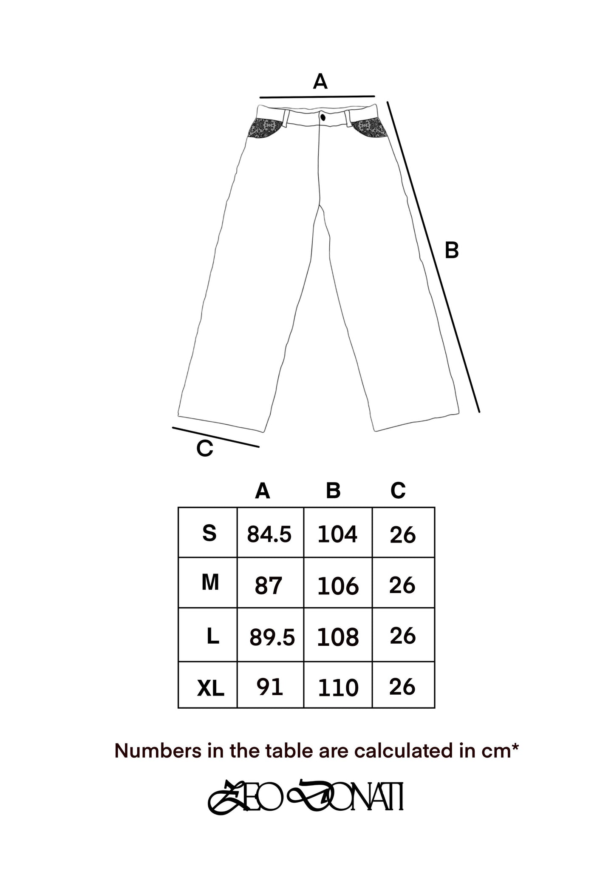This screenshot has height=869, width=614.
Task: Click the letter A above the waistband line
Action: click(320, 82)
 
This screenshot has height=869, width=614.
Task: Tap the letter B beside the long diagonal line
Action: click(452, 250)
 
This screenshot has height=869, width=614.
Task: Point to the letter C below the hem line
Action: click(204, 449)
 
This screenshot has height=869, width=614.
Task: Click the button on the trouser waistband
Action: click(323, 116)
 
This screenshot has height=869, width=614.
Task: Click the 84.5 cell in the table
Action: click(269, 534)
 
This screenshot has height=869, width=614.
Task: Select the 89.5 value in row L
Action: click(272, 638)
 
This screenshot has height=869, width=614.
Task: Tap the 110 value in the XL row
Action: click(338, 688)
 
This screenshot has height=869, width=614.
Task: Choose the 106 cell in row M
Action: click(338, 587)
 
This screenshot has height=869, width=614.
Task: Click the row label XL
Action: click(210, 689)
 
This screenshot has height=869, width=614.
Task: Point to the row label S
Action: click(209, 533)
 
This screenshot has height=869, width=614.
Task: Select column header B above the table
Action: click(334, 491)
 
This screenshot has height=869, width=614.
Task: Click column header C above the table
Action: click(398, 491)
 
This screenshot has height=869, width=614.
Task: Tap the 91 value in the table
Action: click(269, 687)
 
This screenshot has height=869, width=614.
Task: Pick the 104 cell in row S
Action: click(337, 534)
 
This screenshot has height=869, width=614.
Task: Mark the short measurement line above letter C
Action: click(216, 437)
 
